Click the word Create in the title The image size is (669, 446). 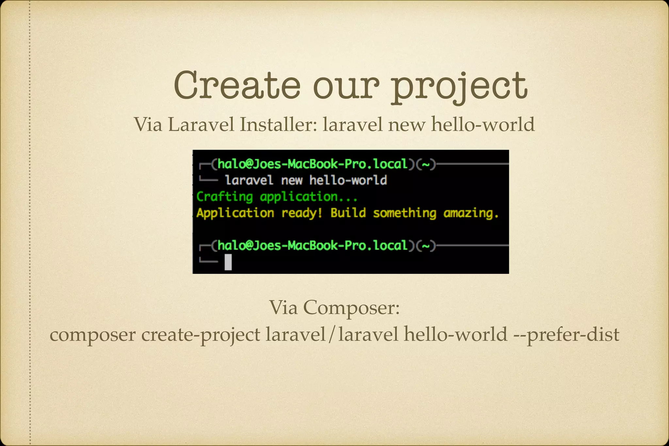tap(237, 86)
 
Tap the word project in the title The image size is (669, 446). tap(459, 87)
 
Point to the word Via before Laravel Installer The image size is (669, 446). tap(148, 124)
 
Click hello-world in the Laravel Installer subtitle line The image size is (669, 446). tap(483, 124)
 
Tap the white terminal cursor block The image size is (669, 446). tap(228, 262)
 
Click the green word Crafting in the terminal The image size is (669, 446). tap(225, 197)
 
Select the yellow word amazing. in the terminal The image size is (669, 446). tap(471, 213)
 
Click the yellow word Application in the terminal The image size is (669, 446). tap(235, 213)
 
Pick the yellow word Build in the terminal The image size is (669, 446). tap(348, 213)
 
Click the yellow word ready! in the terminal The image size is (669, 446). tap(302, 213)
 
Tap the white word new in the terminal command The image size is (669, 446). tap(291, 180)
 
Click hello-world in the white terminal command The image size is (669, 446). tap(348, 180)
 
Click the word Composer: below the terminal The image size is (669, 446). tap(351, 307)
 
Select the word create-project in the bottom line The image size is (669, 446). tap(201, 335)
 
